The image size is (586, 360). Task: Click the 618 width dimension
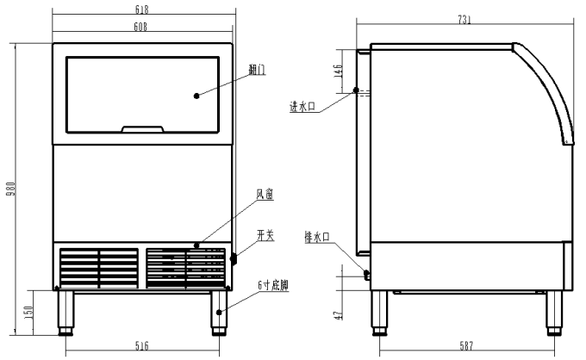[142, 9]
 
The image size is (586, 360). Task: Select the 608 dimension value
[142, 27]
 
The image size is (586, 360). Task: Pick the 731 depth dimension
[464, 20]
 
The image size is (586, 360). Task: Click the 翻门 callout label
[257, 71]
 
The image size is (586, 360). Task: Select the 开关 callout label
[264, 234]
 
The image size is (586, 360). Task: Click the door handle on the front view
[142, 130]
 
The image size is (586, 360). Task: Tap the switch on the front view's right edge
[233, 258]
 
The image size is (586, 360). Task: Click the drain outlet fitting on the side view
[367, 275]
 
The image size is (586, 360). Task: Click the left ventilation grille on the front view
[98, 268]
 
